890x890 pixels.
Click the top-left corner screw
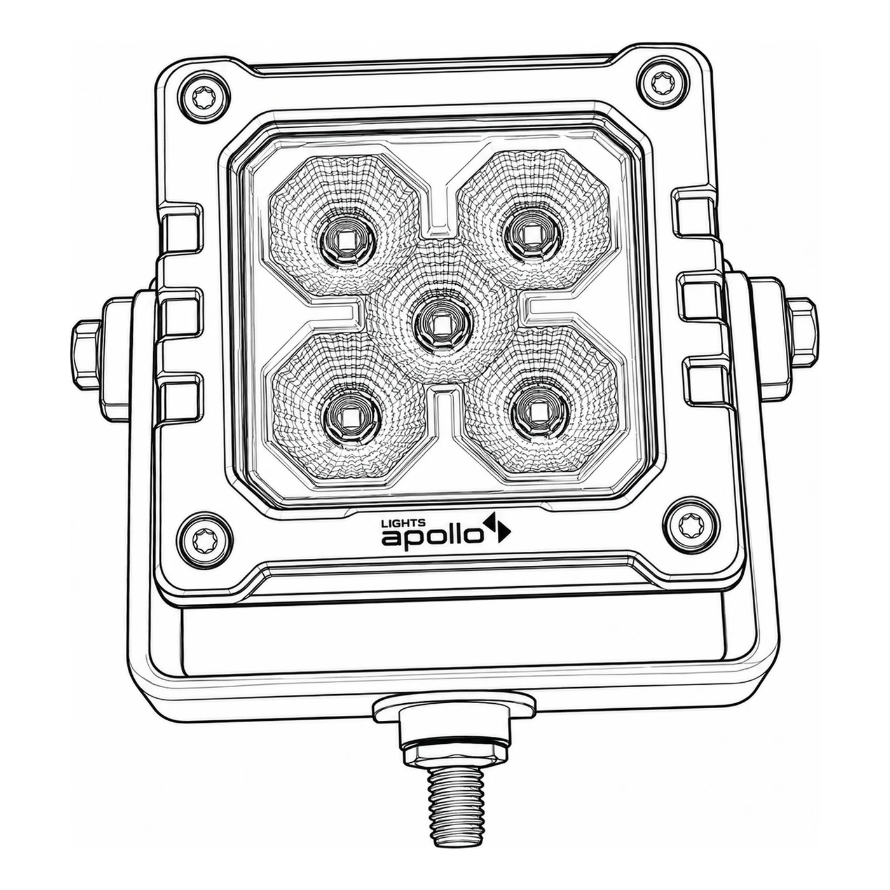coord(205,98)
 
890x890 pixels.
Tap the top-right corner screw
coord(663,83)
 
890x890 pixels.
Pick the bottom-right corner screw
coord(692,523)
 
